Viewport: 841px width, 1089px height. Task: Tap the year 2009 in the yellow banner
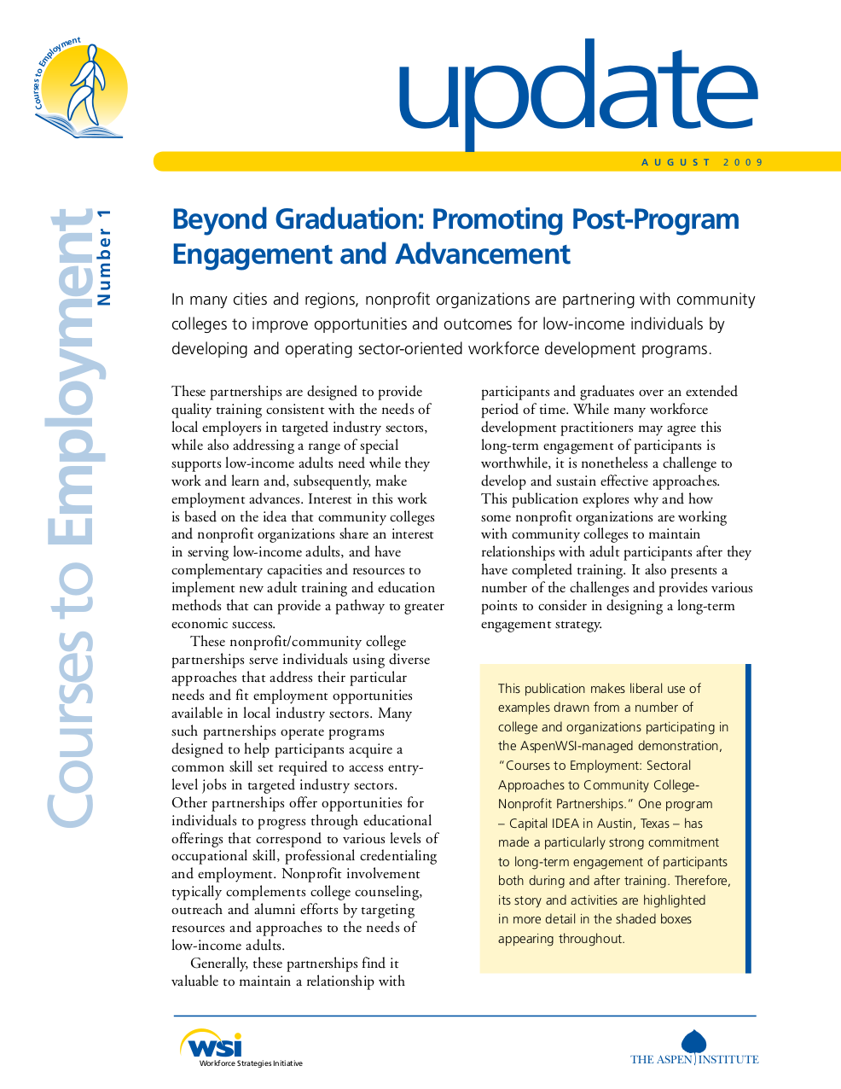tap(743, 162)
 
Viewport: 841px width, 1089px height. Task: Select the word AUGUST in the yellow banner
tap(676, 162)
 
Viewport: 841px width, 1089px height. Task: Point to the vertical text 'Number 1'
tap(104, 257)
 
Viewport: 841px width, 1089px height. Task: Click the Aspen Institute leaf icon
tap(694, 1041)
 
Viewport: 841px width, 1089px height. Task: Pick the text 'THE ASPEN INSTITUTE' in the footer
tap(694, 1060)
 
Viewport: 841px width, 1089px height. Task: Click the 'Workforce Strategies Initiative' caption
tap(251, 1063)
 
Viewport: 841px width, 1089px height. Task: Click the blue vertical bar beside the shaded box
tap(748, 818)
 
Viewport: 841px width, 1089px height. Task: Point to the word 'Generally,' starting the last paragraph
tap(219, 964)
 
